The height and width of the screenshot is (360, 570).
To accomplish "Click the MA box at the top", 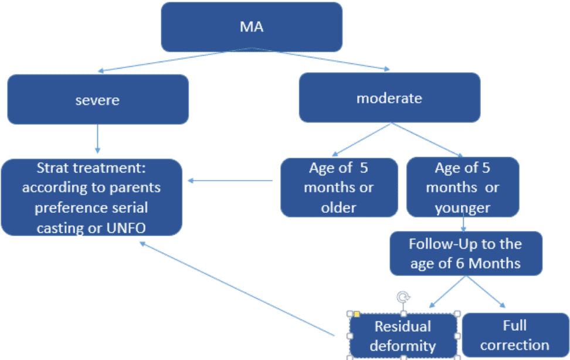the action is (x=252, y=27).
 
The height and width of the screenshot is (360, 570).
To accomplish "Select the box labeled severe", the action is (x=98, y=99).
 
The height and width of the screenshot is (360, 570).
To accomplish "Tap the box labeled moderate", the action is (x=389, y=97).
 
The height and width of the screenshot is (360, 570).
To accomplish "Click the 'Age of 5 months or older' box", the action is (x=339, y=188).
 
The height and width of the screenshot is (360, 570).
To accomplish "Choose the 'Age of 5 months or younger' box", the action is (x=463, y=187).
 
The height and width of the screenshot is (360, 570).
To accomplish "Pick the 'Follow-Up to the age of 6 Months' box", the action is (x=466, y=253).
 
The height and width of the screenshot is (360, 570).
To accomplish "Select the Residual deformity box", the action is (x=403, y=335).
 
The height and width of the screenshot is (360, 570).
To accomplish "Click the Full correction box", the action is (x=515, y=335).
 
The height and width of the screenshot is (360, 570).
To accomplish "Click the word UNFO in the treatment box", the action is (x=126, y=228).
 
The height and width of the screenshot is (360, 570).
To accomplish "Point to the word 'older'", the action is (x=338, y=208).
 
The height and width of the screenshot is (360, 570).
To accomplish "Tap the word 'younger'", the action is (x=463, y=208).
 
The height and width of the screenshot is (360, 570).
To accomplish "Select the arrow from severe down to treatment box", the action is (x=97, y=139).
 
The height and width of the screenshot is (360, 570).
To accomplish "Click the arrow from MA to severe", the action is (x=175, y=59).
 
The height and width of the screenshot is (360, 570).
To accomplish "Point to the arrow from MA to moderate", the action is (x=321, y=59).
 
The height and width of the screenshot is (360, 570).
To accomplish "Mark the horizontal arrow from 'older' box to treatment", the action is (x=230, y=181).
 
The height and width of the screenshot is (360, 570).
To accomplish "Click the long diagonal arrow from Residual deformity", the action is (x=237, y=288).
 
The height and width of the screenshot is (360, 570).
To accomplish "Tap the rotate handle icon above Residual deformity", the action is (x=403, y=297).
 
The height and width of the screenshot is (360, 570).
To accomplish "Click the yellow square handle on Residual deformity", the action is (x=357, y=314).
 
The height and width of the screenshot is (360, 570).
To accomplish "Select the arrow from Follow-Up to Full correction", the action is (x=486, y=291).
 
